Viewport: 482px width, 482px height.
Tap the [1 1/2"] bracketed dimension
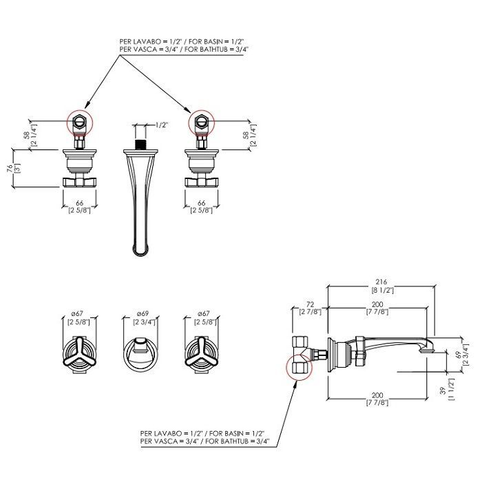(451, 390)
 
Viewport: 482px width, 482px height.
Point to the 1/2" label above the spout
(162, 125)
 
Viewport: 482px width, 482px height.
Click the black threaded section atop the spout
(140, 145)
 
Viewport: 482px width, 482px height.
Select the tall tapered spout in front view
(140, 200)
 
